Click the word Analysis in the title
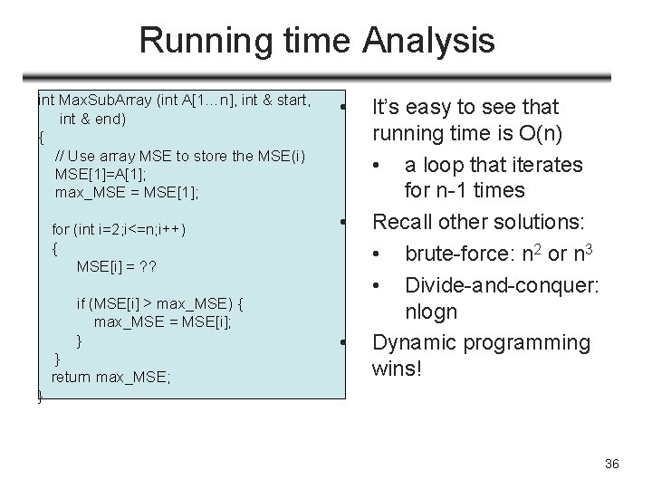tap(429, 41)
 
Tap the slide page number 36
tap(611, 465)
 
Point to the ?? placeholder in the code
tap(147, 266)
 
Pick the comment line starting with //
tap(180, 155)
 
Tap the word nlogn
tap(432, 312)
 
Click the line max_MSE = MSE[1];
tap(126, 192)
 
